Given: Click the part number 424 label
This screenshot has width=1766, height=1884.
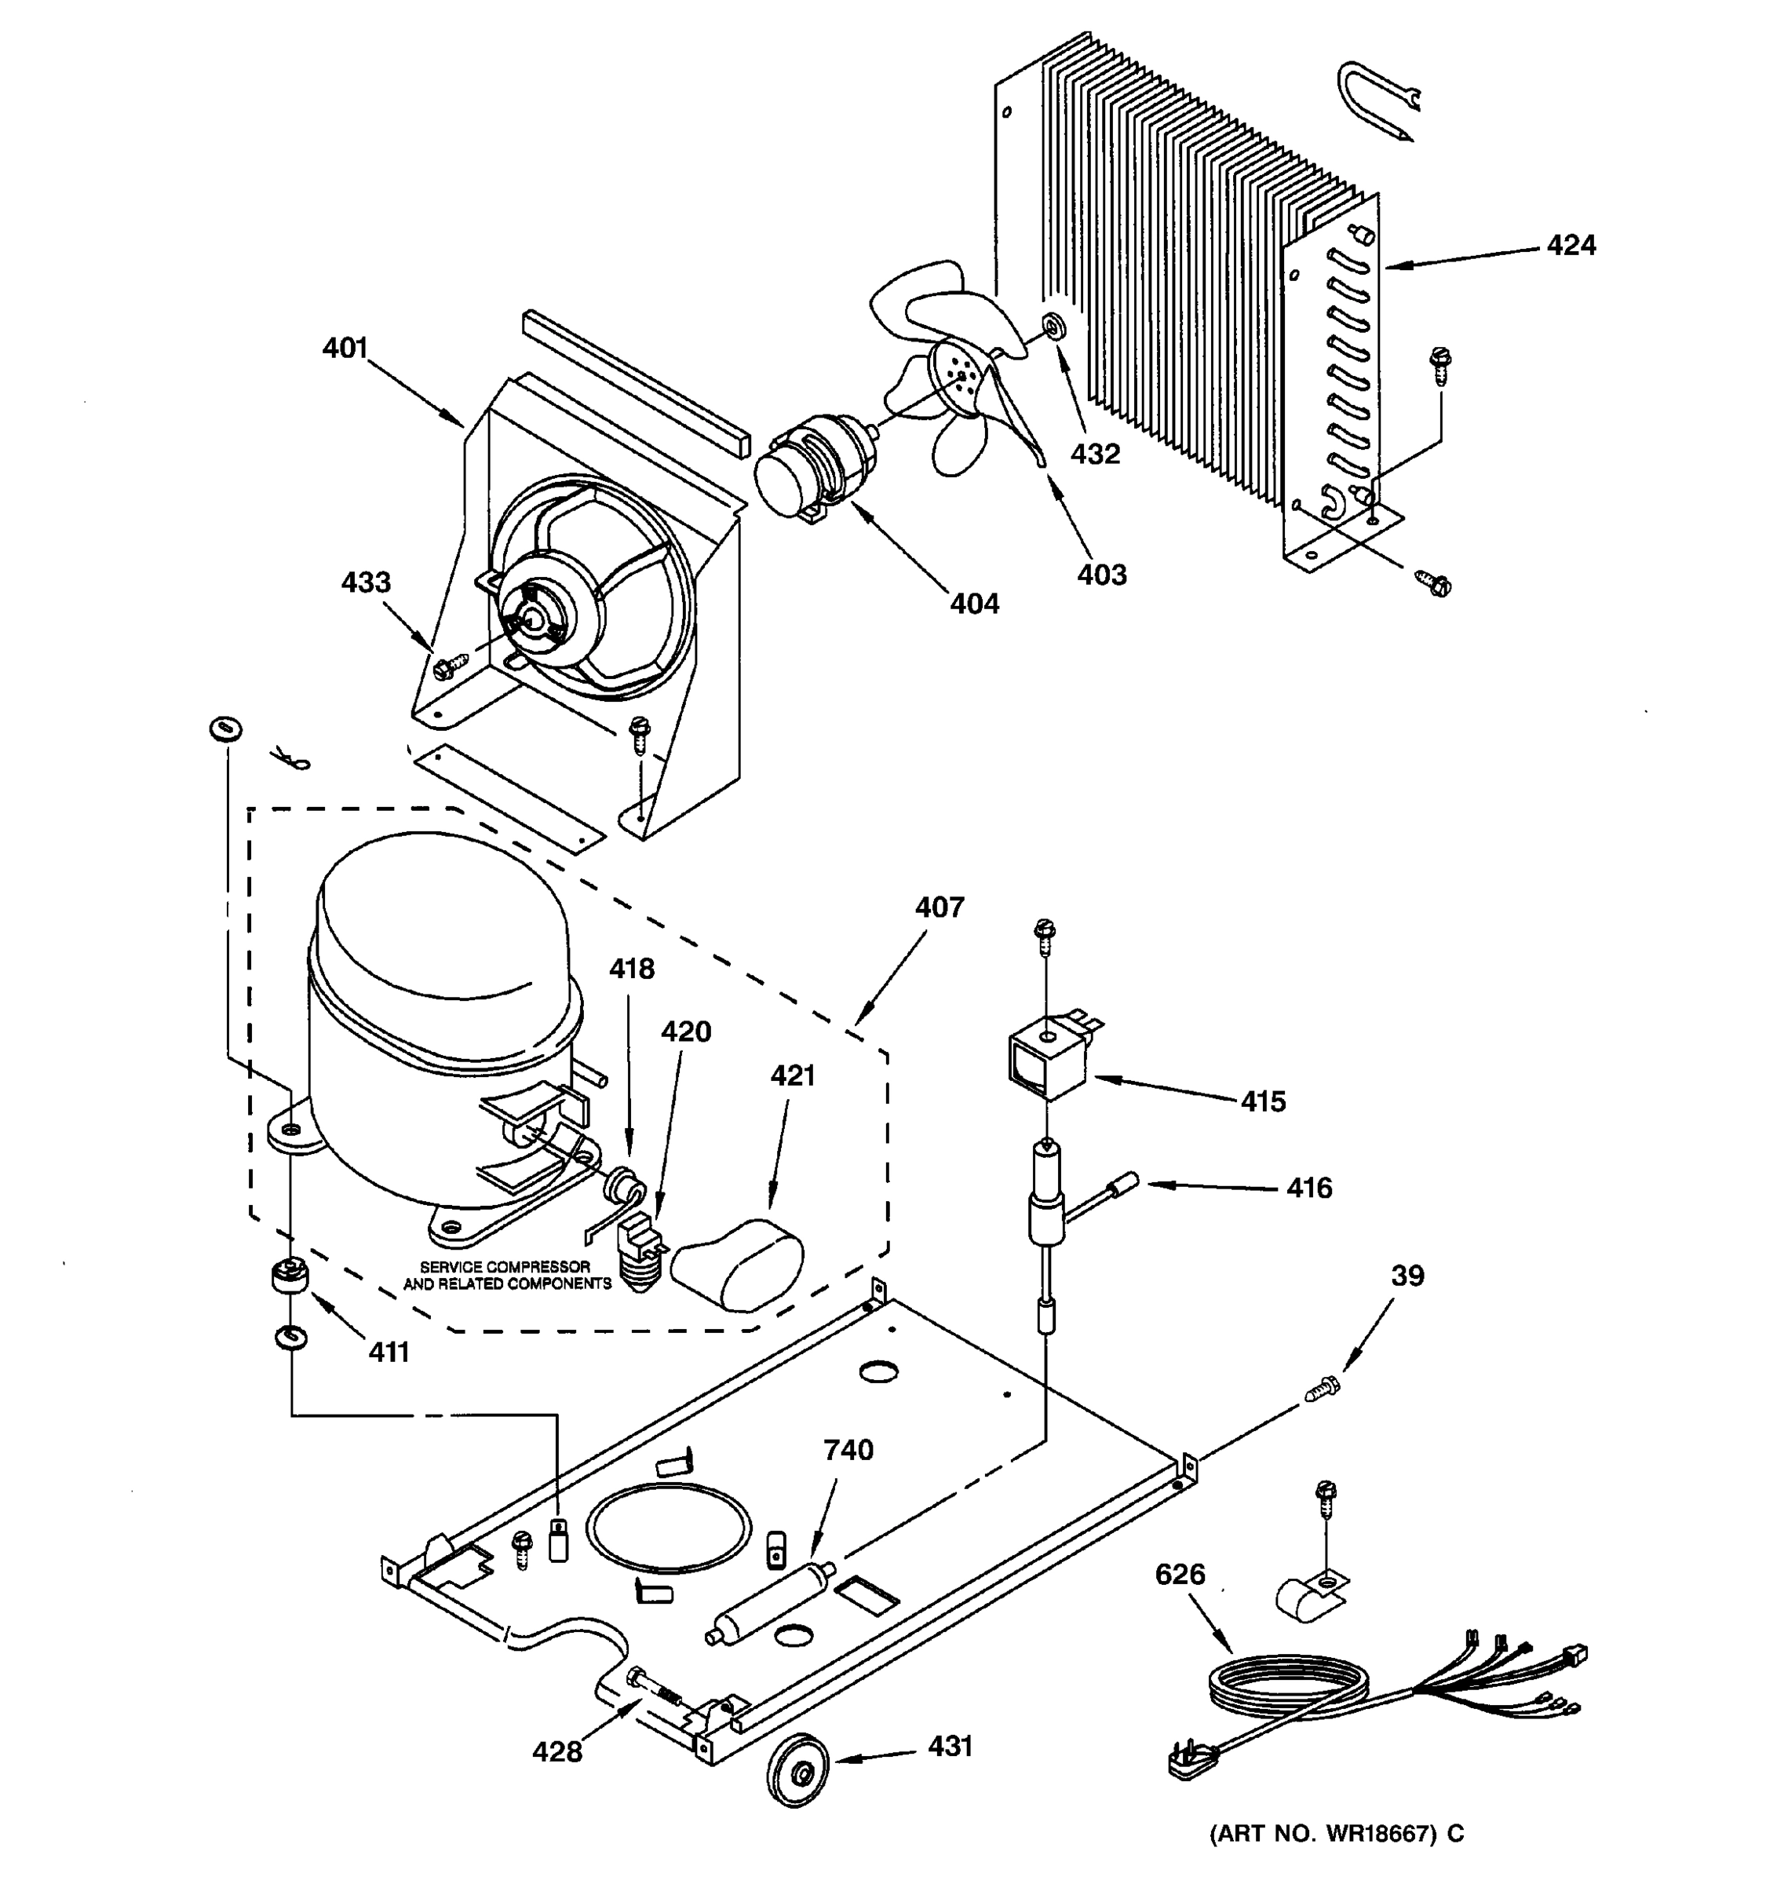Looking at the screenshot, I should (1571, 246).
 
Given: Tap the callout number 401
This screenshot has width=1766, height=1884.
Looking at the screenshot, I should (345, 349).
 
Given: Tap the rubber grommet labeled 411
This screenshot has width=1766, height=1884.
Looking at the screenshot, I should (287, 1277).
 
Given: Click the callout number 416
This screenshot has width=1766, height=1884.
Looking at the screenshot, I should (1308, 1188).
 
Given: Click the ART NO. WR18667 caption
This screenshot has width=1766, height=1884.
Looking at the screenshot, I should (1336, 1860).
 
